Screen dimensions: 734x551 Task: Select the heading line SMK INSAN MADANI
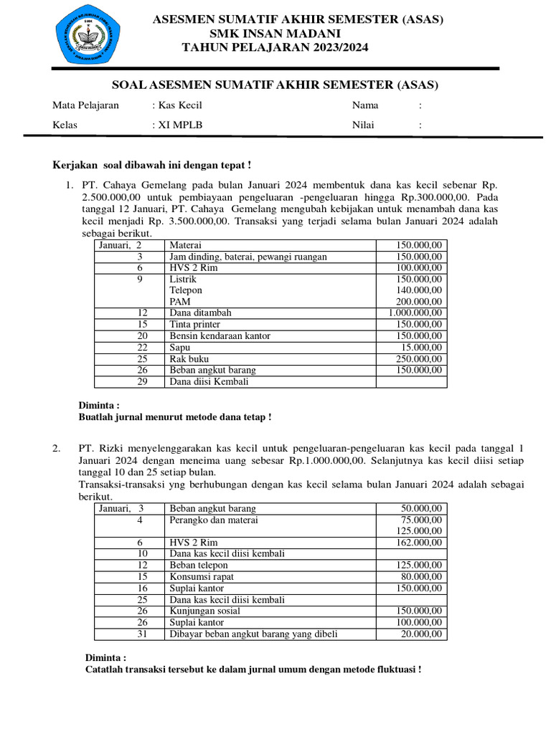(x=275, y=34)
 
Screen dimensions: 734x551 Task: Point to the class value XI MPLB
(x=179, y=125)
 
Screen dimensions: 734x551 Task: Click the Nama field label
(x=365, y=105)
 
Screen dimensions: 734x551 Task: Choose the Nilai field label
(x=363, y=125)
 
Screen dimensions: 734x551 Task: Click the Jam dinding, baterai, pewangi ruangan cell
(x=248, y=257)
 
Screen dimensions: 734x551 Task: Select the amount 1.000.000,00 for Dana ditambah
(x=415, y=313)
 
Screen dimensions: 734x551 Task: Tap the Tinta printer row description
(x=194, y=325)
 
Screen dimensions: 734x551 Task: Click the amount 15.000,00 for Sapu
(x=423, y=348)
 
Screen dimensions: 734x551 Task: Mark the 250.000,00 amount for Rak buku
(x=420, y=359)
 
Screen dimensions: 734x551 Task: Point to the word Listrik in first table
(x=183, y=279)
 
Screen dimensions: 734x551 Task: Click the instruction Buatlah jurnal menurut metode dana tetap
(x=174, y=416)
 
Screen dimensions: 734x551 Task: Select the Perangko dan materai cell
(x=214, y=520)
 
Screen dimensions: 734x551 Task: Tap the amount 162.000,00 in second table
(x=420, y=543)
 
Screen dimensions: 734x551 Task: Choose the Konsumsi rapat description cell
(x=202, y=577)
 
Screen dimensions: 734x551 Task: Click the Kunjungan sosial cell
(x=205, y=611)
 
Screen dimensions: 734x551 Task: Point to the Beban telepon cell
(x=199, y=566)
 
